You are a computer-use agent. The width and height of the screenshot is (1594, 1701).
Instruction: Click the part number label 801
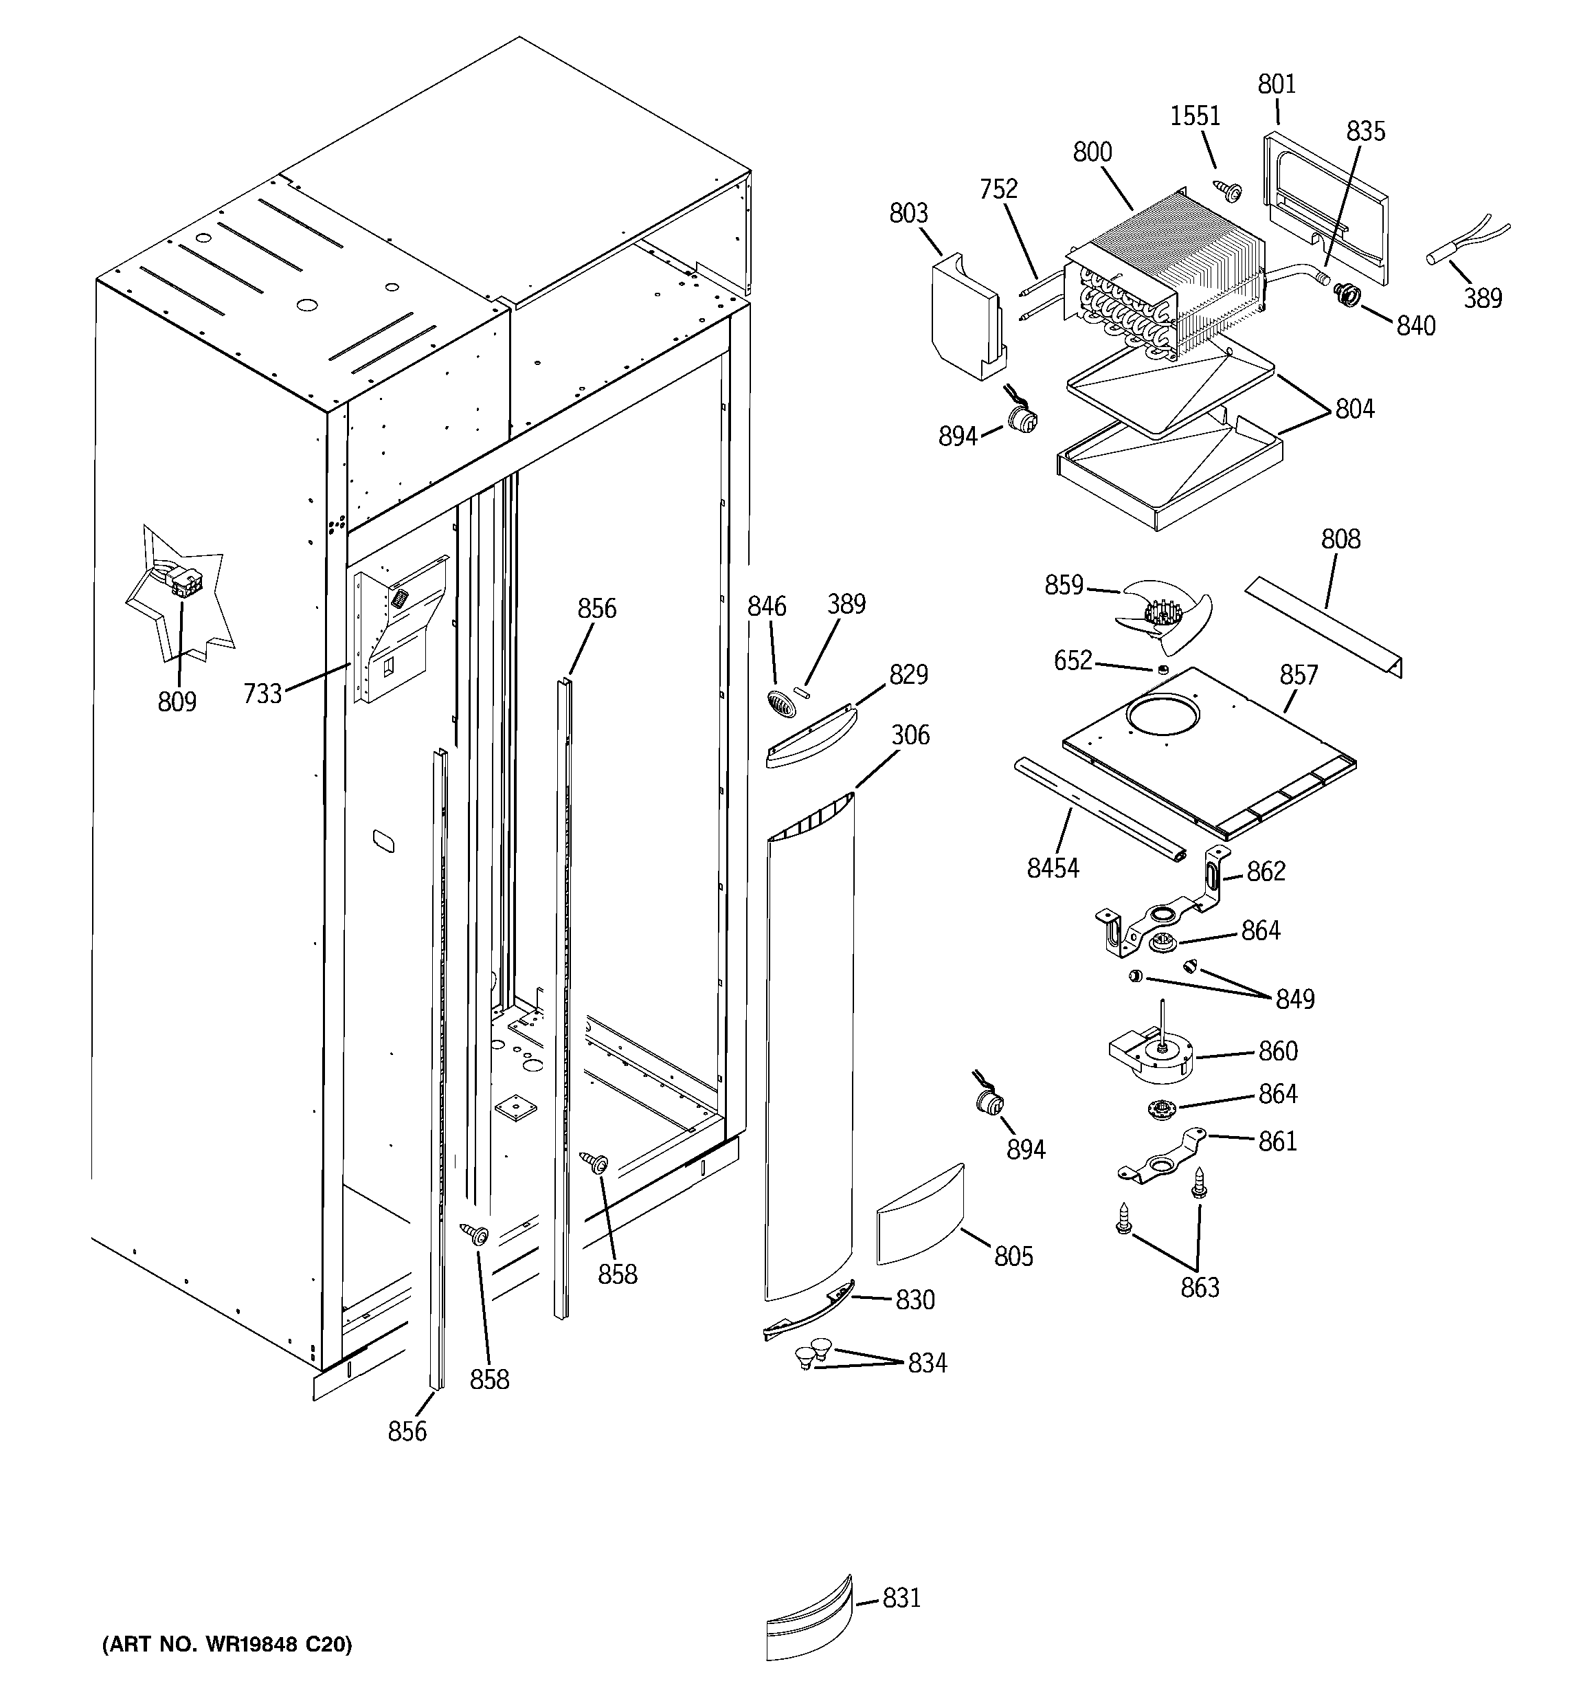1277,85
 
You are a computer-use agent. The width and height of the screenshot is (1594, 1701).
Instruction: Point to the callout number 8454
1053,869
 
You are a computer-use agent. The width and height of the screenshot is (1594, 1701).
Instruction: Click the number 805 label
1014,1256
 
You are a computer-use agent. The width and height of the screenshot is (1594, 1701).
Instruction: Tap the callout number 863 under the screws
1200,1288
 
